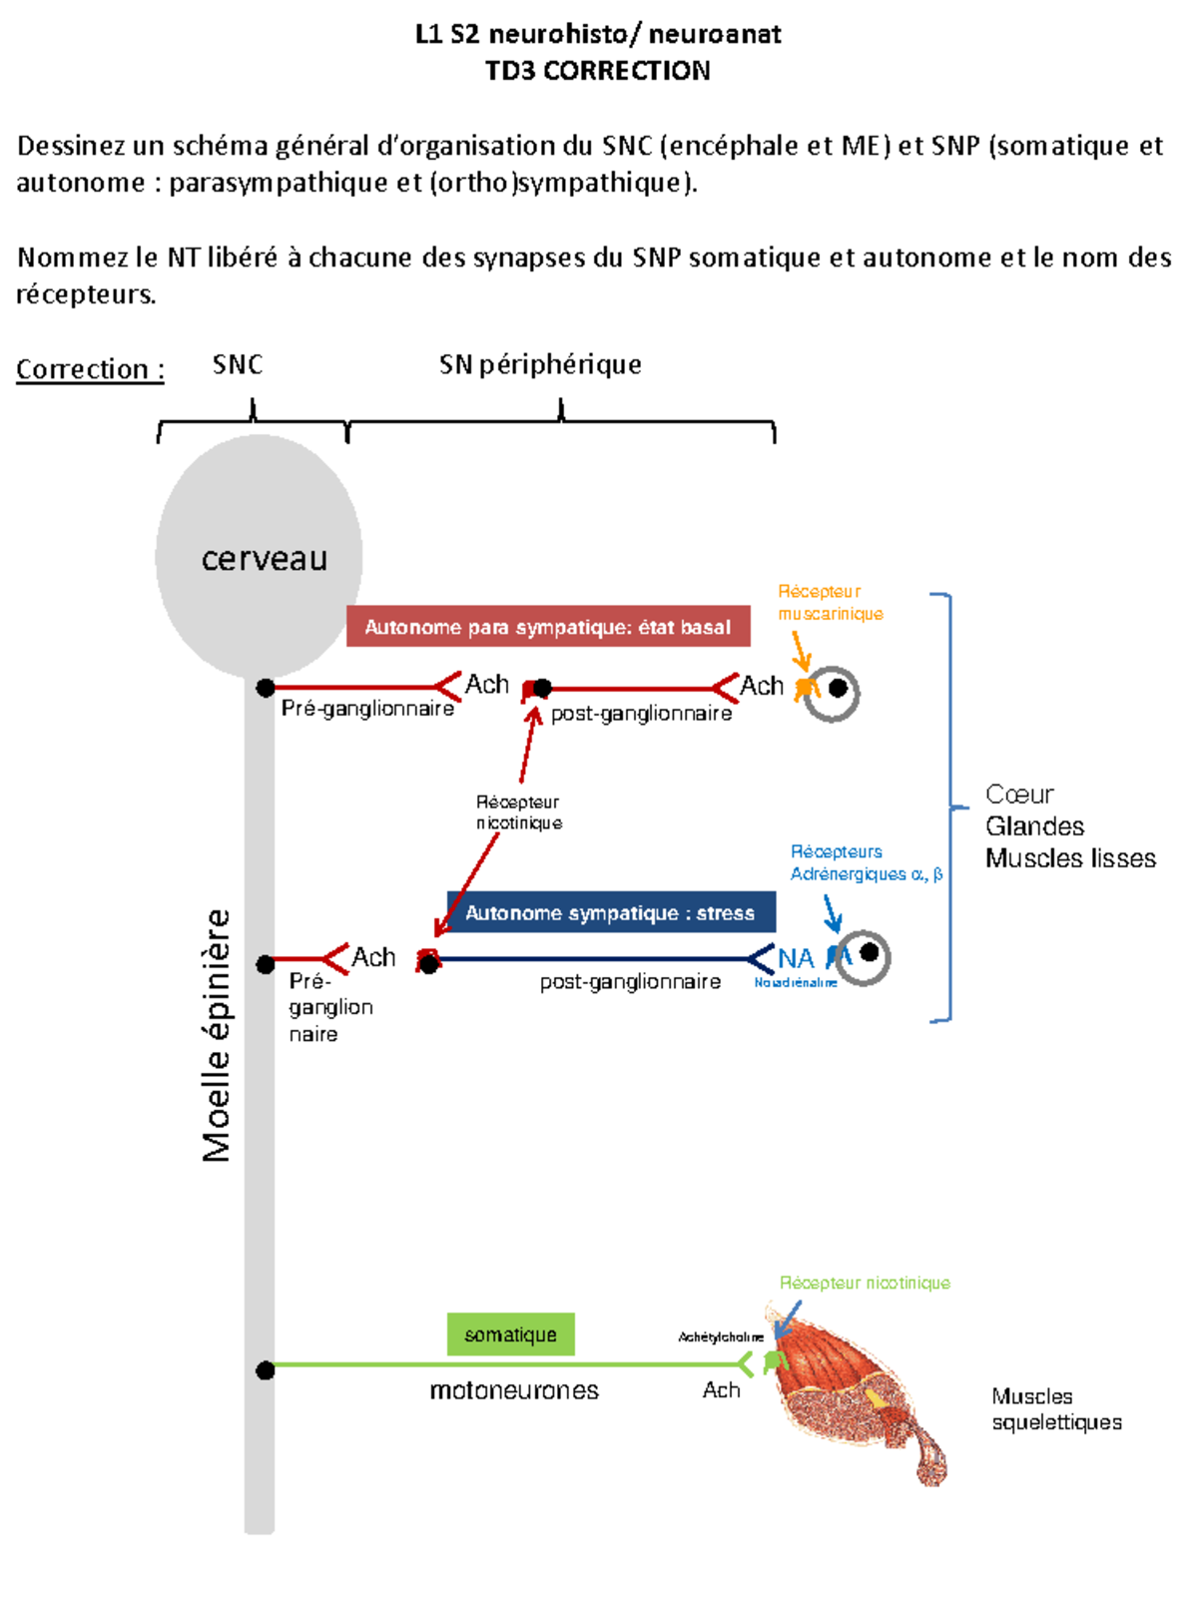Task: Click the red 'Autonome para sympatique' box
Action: click(548, 627)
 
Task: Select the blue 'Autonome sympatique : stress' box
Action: click(610, 912)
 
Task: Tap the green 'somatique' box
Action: click(510, 1334)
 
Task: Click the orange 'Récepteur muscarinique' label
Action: click(830, 603)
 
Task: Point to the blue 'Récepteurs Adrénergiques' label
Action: click(865, 863)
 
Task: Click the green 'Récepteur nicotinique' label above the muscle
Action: click(865, 1283)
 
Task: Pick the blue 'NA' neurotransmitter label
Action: click(796, 958)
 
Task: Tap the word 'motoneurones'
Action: click(514, 1390)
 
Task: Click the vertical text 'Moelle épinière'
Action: click(217, 1035)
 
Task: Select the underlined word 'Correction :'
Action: click(90, 369)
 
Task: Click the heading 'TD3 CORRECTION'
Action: click(597, 71)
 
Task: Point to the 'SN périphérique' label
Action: click(540, 364)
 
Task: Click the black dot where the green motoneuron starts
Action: click(265, 1369)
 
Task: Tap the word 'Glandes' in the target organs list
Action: click(1034, 826)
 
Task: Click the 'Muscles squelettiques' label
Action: click(1056, 1409)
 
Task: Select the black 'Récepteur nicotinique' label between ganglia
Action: click(518, 812)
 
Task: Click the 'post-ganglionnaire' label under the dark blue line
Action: click(630, 982)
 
